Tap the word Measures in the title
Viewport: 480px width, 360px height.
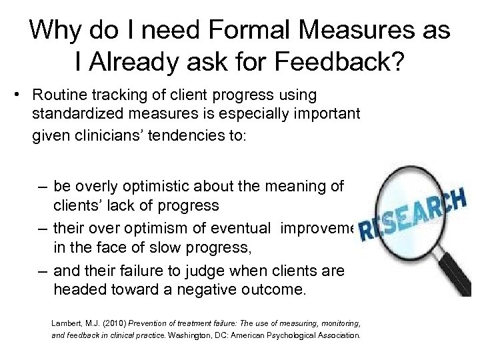point(351,31)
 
